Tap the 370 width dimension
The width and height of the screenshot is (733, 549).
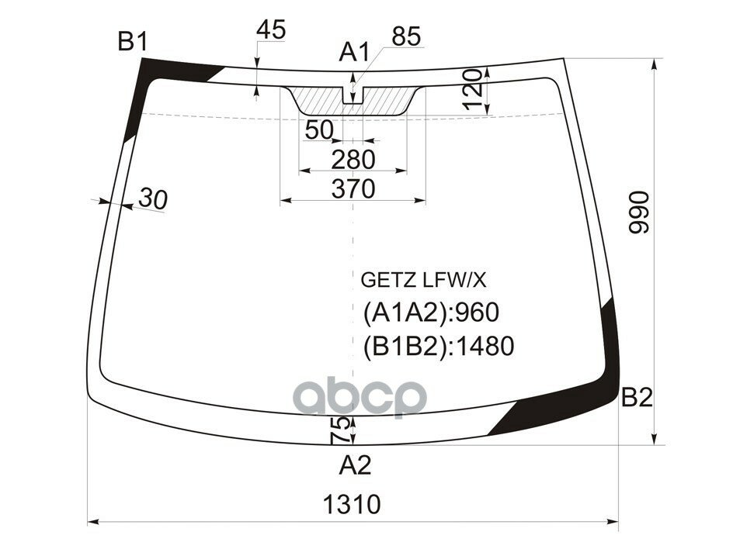coord(353,188)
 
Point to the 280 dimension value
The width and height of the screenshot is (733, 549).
coord(353,160)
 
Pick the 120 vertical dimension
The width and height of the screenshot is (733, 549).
coord(473,90)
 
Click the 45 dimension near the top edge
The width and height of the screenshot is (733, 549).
coord(271,30)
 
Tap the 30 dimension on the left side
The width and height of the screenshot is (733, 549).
coord(152,199)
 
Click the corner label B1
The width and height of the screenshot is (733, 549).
coord(133,42)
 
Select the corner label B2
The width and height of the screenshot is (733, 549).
coord(637,399)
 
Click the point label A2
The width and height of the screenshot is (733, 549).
coord(355,465)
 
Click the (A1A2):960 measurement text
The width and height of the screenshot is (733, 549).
coord(430,312)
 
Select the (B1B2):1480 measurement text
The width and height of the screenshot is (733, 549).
coord(439,346)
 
